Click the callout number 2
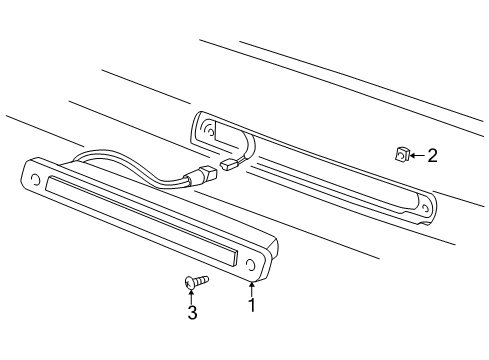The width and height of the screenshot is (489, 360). coord(432,155)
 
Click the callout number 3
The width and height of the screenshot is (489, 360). coord(192,314)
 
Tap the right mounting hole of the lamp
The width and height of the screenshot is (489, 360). coord(249,264)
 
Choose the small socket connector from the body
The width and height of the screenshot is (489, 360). coord(229,164)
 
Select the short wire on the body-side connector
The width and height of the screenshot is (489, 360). coord(243,147)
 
